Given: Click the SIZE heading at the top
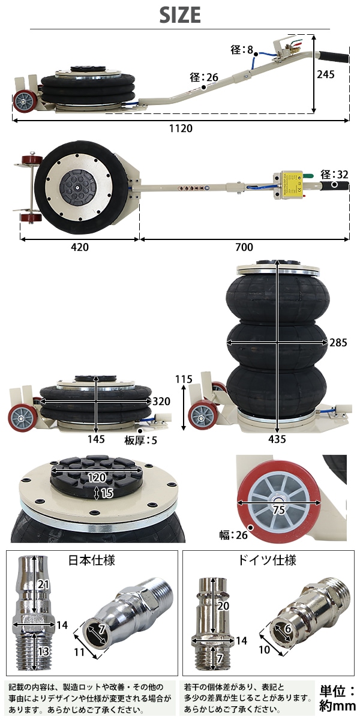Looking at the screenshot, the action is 180,15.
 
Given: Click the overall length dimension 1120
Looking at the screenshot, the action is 181,128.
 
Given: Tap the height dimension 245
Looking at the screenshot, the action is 326,74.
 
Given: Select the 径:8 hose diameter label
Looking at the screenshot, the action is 242,49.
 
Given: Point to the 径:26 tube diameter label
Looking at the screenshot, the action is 204,77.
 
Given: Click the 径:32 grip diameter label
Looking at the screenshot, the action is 334,175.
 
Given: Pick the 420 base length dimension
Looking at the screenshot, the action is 80,247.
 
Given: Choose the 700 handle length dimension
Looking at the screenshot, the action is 244,247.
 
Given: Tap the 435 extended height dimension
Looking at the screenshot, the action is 277,439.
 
